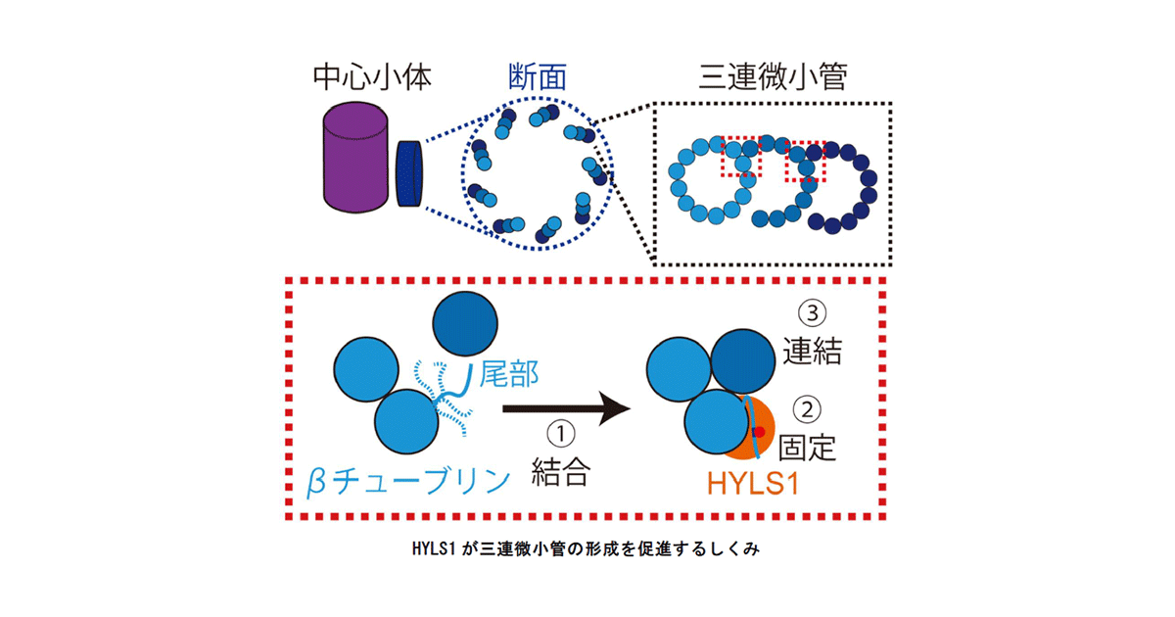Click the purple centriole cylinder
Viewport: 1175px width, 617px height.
coord(355,158)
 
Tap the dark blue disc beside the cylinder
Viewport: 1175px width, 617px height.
coord(409,173)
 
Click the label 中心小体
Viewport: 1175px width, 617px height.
coord(372,77)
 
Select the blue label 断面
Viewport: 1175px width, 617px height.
coord(538,77)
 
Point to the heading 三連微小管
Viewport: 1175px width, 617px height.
coord(773,77)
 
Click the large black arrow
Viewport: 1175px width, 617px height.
coord(567,408)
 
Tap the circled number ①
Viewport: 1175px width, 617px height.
coord(561,434)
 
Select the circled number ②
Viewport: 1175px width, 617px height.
coord(807,409)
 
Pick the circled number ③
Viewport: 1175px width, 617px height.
coord(812,313)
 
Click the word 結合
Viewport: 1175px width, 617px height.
coord(561,472)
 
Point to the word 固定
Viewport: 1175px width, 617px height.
coord(807,448)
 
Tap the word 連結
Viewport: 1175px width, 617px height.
coord(812,351)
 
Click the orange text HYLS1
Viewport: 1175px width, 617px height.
coord(753,484)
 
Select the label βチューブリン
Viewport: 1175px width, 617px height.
coord(408,481)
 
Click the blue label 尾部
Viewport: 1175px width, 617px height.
coord(509,374)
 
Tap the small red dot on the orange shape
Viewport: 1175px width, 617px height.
coord(759,431)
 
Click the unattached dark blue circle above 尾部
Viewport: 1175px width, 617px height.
coord(465,324)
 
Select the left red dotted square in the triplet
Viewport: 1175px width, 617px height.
coord(741,157)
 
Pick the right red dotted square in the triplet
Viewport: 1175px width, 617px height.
coord(805,161)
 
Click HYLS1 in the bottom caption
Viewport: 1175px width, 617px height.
coord(433,548)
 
